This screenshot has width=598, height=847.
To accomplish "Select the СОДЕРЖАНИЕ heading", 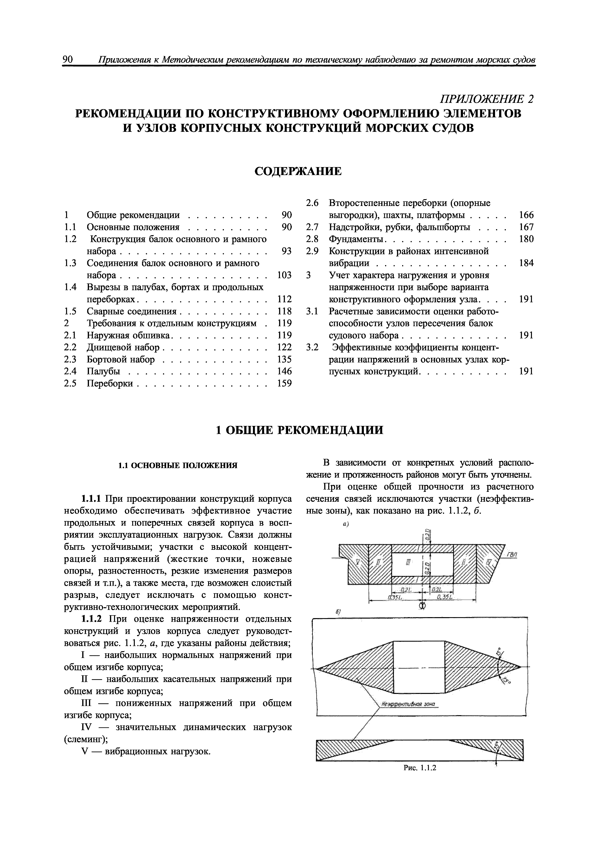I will point(299,171).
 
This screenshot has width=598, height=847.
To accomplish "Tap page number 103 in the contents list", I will point(284,275).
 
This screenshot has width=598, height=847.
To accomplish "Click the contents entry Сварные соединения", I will point(132,311).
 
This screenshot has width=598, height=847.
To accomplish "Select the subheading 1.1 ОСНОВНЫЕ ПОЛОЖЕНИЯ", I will point(178,466).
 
